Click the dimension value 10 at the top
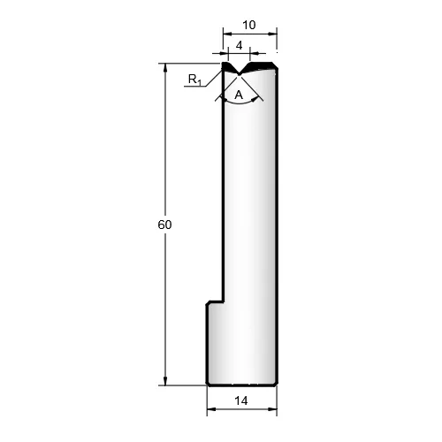click(249, 25)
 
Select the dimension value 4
click(240, 46)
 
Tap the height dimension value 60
click(164, 225)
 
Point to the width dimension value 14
click(241, 400)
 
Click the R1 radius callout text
click(194, 80)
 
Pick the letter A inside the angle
click(239, 95)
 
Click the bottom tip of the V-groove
click(239, 74)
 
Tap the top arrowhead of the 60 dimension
click(165, 67)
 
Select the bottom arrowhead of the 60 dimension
click(165, 381)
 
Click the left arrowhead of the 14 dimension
click(211, 409)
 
